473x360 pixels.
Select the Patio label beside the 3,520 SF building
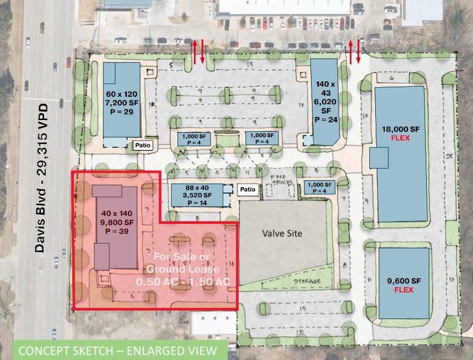247,190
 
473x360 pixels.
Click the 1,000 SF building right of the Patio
319,187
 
